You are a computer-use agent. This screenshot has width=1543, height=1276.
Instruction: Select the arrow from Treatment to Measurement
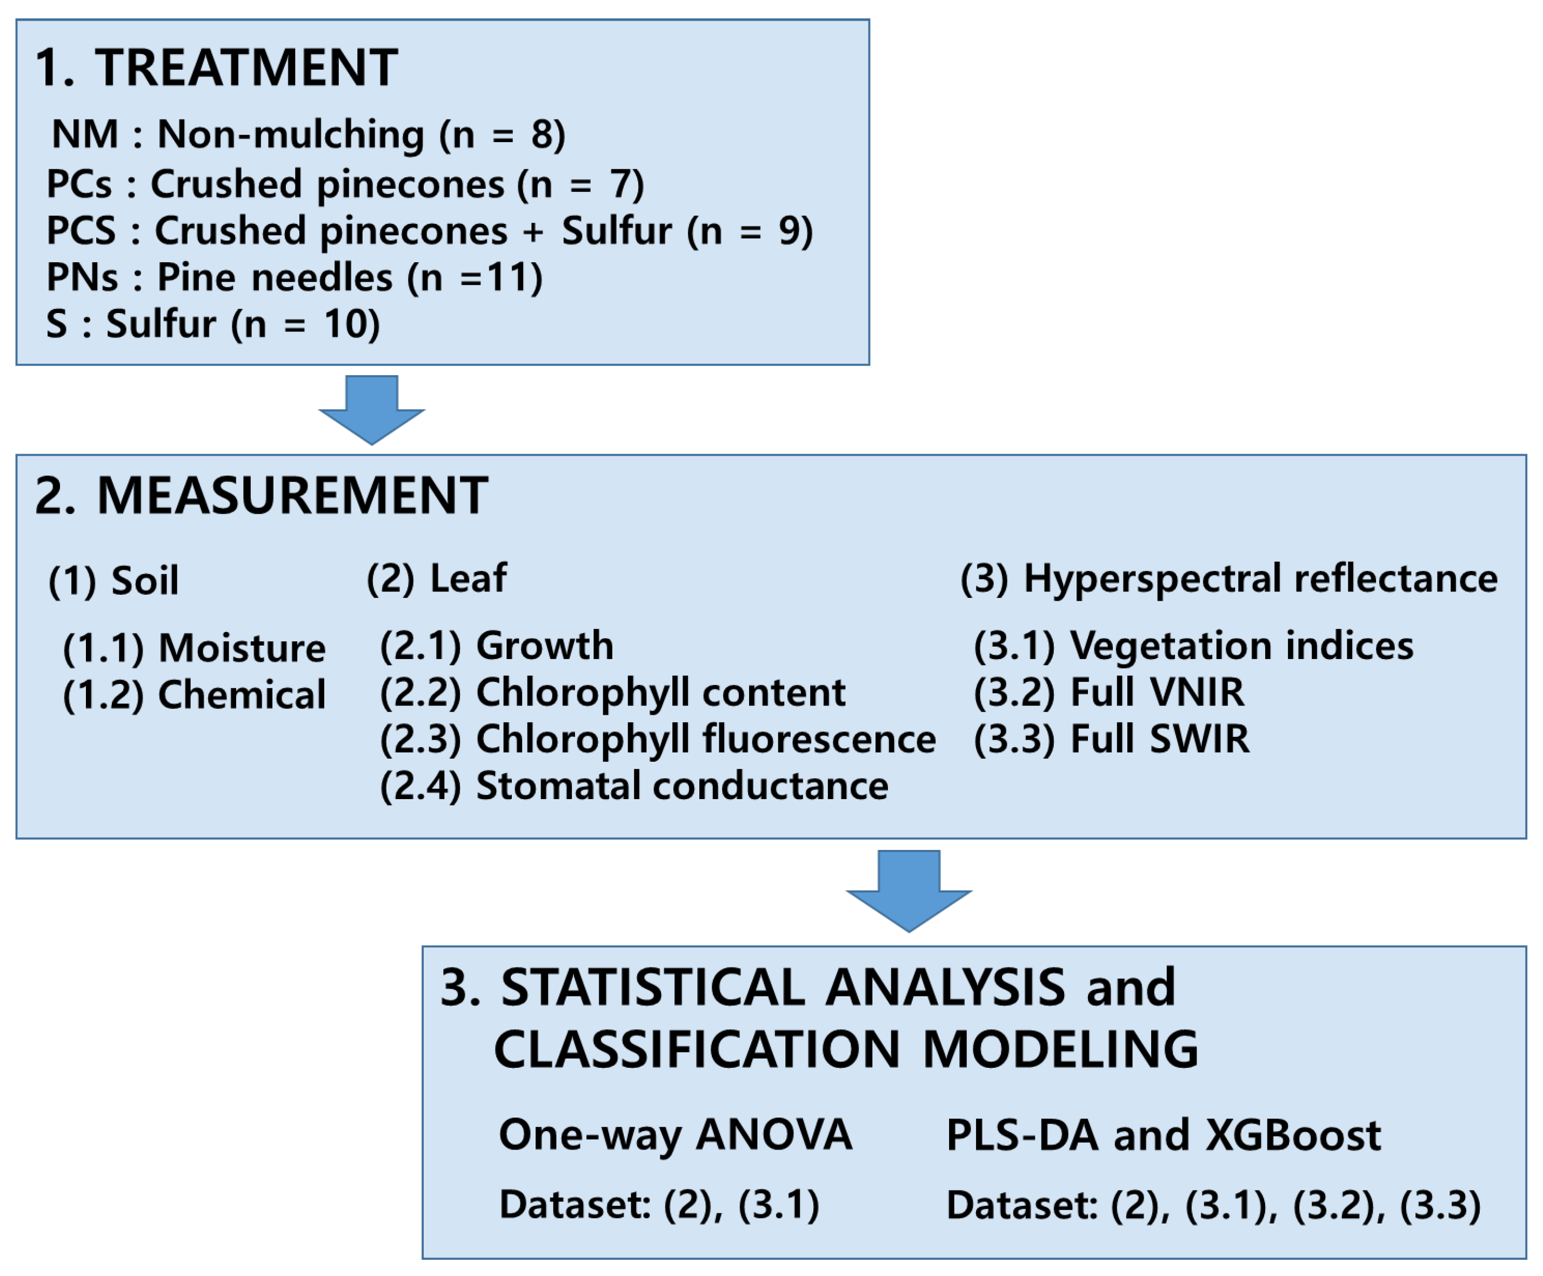[x=372, y=409]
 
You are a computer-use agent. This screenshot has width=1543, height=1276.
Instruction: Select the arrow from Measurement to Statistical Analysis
[x=909, y=889]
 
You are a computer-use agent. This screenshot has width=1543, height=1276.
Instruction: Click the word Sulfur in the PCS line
[x=617, y=231]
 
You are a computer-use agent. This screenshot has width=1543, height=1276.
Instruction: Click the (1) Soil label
[x=113, y=581]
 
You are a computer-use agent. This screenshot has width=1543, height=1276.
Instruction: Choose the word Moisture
[x=242, y=648]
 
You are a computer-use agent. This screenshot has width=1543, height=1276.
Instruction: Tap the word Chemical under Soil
[x=242, y=695]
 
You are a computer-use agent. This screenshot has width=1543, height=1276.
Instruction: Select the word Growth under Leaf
[x=544, y=646]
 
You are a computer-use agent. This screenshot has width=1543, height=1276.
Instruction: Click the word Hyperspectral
[x=1153, y=579]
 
